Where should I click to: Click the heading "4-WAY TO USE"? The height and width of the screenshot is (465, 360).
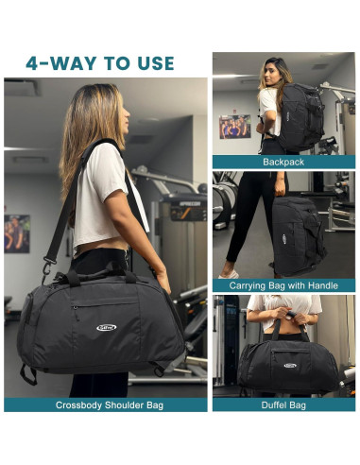(100, 63)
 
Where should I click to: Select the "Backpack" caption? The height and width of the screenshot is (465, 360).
(284, 163)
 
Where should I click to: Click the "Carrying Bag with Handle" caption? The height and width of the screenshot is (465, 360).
(284, 284)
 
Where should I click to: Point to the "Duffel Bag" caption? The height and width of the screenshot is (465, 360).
(284, 405)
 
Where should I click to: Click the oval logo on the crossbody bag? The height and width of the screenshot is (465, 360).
(106, 328)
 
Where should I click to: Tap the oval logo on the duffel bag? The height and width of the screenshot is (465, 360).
(289, 364)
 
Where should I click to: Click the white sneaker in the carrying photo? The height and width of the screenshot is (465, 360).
(229, 273)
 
